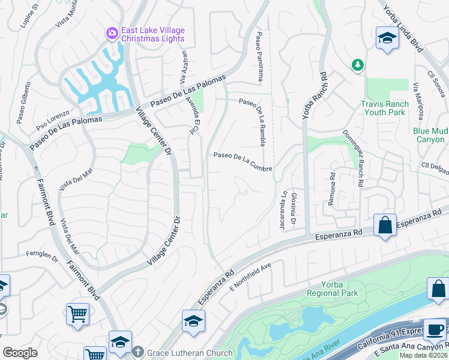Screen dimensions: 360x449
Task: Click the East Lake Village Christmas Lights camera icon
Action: tap(112, 34)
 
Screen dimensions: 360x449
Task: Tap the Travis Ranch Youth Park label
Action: tap(384, 108)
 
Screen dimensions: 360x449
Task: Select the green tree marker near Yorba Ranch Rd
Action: tap(358, 64)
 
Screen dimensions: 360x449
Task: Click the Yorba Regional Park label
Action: tap(332, 289)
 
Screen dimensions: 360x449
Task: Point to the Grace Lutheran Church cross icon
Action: tap(138, 352)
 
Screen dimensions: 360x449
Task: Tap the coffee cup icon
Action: tap(435, 330)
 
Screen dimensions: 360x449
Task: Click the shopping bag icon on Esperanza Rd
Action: tap(385, 226)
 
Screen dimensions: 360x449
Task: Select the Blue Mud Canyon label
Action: tap(429, 135)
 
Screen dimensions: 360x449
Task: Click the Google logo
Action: tap(20, 352)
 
